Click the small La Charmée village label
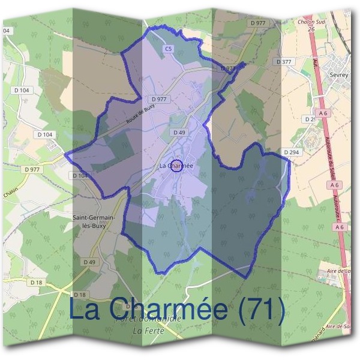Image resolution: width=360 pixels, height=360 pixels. (x=176, y=166)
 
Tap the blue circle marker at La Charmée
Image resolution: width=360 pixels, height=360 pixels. (x=176, y=166)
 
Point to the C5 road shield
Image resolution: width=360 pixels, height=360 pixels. (x=169, y=48)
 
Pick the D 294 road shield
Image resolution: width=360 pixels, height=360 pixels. (x=291, y=152)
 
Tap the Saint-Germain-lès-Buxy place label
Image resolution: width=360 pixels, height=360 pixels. (x=91, y=221)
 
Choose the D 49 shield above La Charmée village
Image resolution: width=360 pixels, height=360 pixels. (x=178, y=132)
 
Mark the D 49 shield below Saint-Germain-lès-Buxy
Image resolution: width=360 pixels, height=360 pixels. (x=89, y=262)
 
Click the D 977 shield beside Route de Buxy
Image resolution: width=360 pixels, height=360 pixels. (x=160, y=99)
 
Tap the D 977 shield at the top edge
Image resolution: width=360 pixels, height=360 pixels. (x=257, y=23)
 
